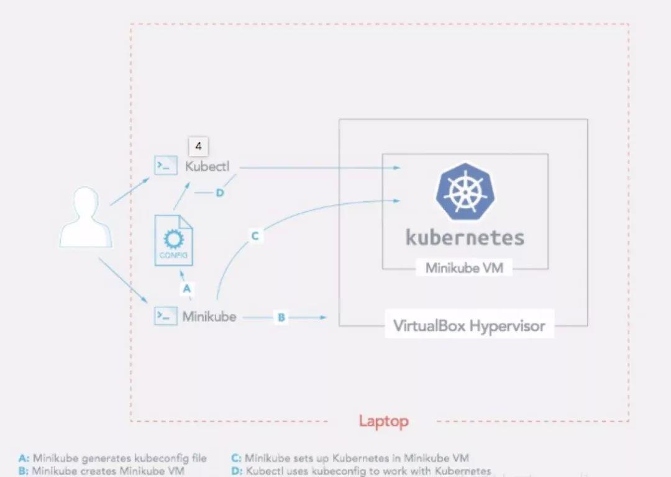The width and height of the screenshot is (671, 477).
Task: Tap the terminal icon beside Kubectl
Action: tap(166, 166)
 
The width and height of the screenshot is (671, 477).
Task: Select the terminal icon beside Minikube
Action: tap(166, 316)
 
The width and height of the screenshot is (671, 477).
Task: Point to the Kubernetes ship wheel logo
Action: tap(465, 192)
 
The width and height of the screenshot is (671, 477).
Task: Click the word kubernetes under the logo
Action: tap(465, 237)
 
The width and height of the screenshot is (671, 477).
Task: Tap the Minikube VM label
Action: tap(465, 268)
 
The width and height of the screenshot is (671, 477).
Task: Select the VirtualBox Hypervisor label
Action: tap(469, 326)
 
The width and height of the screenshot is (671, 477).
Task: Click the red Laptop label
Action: tap(383, 422)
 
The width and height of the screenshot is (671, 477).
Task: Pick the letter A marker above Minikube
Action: tap(187, 288)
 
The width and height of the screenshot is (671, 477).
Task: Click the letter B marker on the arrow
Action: tap(281, 317)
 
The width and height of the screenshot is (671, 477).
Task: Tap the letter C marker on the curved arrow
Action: tap(255, 236)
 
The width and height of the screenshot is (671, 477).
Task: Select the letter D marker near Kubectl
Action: tap(219, 193)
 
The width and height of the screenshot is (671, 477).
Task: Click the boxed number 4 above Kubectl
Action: tap(198, 147)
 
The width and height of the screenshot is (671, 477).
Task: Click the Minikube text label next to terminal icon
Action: tap(209, 317)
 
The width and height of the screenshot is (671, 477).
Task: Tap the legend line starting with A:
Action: tap(112, 459)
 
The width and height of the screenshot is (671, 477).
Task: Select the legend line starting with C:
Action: tap(350, 459)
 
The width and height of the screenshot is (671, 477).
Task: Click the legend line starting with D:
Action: tap(360, 471)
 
